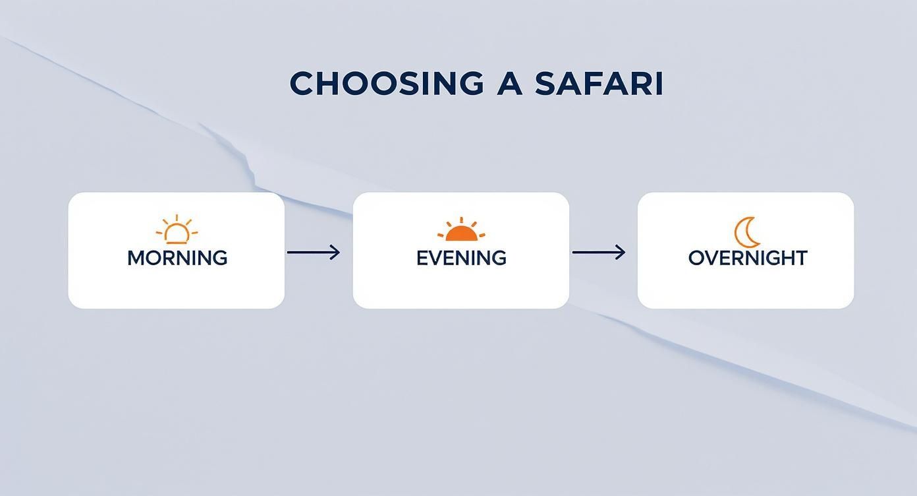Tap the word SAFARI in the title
[x=597, y=84]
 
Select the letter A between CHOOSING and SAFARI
[x=509, y=84]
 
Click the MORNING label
[x=177, y=258]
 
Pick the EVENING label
[x=461, y=258]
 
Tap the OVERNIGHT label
[x=748, y=258]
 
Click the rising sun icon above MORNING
[x=177, y=230]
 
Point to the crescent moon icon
[x=747, y=232]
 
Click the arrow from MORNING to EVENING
[x=314, y=252]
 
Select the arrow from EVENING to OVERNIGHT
[x=599, y=252]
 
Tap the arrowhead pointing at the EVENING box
[x=336, y=252]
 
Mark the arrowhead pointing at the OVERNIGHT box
[x=621, y=252]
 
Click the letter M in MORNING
[x=136, y=258]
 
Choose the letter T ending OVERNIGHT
[x=800, y=258]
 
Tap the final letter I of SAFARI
[x=658, y=84]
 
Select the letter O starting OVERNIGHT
[x=696, y=258]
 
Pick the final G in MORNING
[x=219, y=258]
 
